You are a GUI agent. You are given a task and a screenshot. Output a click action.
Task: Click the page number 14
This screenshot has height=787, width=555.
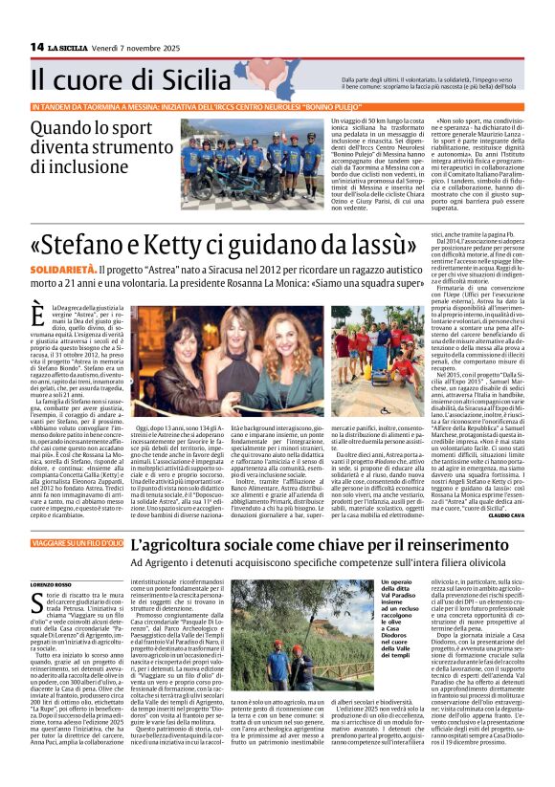37,47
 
